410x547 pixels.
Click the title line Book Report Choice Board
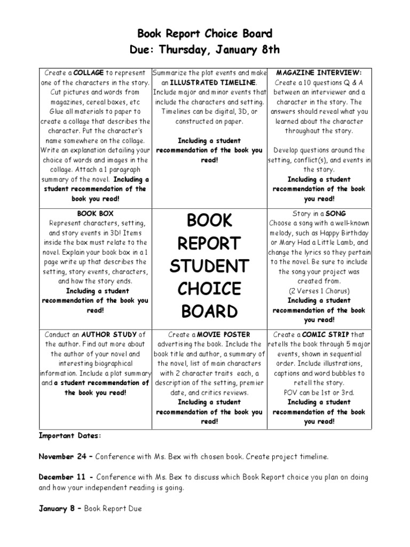[205, 34]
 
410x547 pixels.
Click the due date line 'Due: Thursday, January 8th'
[205, 50]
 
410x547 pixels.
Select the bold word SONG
[336, 214]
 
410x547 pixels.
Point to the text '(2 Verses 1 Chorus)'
[319, 291]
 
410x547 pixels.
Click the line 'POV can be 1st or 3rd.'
[319, 393]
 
